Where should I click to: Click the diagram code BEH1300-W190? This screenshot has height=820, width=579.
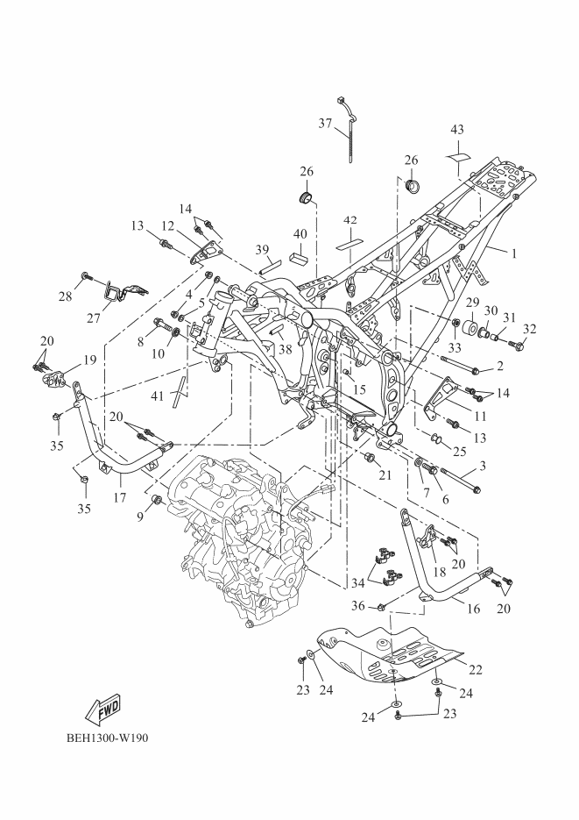[x=107, y=738]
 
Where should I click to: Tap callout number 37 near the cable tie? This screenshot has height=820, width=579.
[x=325, y=124]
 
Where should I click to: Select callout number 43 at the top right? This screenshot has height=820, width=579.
[x=457, y=129]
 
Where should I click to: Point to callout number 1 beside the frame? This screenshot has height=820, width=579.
[x=514, y=253]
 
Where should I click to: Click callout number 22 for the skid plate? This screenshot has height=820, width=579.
[x=475, y=669]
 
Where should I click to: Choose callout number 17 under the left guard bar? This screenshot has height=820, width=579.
[x=119, y=496]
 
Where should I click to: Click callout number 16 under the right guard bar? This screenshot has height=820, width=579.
[x=473, y=609]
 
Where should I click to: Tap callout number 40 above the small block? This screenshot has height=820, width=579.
[x=300, y=234]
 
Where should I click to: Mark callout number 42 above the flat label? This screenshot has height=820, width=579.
[x=350, y=220]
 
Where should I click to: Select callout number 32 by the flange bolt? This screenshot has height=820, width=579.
[x=529, y=329]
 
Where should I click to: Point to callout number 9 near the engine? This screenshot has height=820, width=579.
[x=140, y=517]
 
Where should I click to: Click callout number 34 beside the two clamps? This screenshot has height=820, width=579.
[x=357, y=582]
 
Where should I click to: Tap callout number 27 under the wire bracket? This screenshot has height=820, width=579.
[x=94, y=317]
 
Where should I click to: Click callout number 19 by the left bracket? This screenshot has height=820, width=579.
[x=89, y=360]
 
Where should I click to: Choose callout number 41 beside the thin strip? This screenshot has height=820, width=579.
[x=157, y=396]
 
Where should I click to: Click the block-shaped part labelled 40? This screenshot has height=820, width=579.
[x=300, y=259]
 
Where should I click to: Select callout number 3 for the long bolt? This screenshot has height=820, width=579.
[x=483, y=465]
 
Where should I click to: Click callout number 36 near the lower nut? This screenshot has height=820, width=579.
[x=357, y=606]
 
